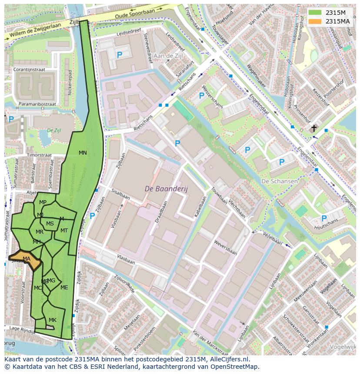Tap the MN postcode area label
[83, 152]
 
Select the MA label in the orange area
[27, 259]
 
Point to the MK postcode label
[53, 320]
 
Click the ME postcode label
[64, 287]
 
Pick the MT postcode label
[64, 230]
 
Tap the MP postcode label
[43, 202]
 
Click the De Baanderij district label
[163, 189]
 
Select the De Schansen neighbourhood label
[280, 181]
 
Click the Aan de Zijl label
[168, 56]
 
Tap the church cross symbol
[314, 128]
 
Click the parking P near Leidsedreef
[119, 55]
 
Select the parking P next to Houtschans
[324, 218]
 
